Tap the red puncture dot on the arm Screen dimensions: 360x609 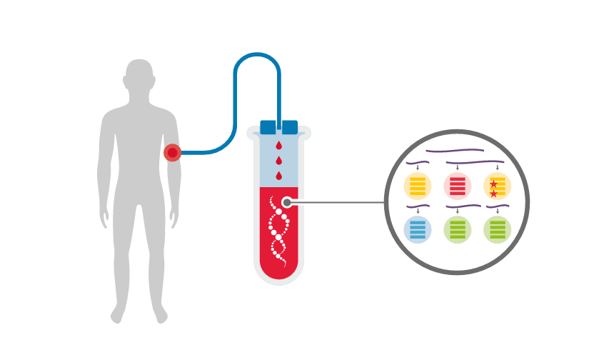(172, 152)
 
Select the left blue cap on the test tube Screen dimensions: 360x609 (268, 127)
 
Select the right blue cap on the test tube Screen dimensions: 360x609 (290, 127)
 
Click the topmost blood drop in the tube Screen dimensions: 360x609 (278, 146)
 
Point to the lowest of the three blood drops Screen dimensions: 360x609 (278, 176)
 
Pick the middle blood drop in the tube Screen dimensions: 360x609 (278, 161)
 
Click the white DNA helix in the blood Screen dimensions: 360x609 (278, 231)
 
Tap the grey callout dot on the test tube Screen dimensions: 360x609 (287, 202)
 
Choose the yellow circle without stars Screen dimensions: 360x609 (418, 186)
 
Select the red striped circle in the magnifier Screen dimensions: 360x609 (458, 186)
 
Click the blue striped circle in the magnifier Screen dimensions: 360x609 (418, 229)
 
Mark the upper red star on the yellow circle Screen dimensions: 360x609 (493, 184)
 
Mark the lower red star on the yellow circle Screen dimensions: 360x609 (493, 194)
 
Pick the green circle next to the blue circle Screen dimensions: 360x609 (458, 229)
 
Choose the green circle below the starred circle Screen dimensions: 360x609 (498, 229)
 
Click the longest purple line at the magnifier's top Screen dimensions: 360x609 (456, 151)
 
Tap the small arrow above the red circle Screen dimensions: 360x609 (458, 168)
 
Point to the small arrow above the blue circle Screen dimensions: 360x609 (418, 211)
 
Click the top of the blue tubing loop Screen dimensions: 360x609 (257, 55)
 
